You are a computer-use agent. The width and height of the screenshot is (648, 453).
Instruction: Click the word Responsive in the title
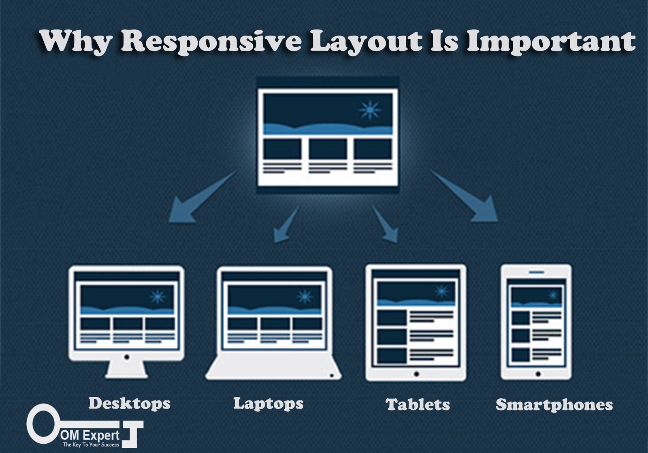point(211,42)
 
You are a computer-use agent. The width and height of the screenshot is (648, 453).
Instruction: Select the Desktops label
point(129,404)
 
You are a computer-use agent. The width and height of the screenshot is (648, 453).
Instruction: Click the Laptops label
point(269,404)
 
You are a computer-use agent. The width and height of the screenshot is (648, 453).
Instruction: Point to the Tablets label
point(418,404)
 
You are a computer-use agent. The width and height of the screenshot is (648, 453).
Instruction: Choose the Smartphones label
point(554,404)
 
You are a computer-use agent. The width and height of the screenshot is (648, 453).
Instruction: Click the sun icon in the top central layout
point(370,110)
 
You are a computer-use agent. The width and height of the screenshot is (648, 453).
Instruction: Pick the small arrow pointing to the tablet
point(385,224)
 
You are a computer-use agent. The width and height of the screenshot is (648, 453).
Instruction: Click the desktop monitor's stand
point(126,370)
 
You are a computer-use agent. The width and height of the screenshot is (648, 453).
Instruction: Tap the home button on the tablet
point(416,374)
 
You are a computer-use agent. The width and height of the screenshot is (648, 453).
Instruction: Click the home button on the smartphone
point(538,374)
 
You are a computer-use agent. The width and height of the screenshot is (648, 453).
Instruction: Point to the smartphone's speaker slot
point(536,272)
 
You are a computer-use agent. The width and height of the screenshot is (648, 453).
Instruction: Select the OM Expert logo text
point(90,435)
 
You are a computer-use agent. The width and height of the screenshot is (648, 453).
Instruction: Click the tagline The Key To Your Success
point(91,445)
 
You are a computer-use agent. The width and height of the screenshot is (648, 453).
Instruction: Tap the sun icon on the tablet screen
point(442,291)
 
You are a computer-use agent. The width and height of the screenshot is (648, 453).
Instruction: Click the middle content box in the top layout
point(328,148)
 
